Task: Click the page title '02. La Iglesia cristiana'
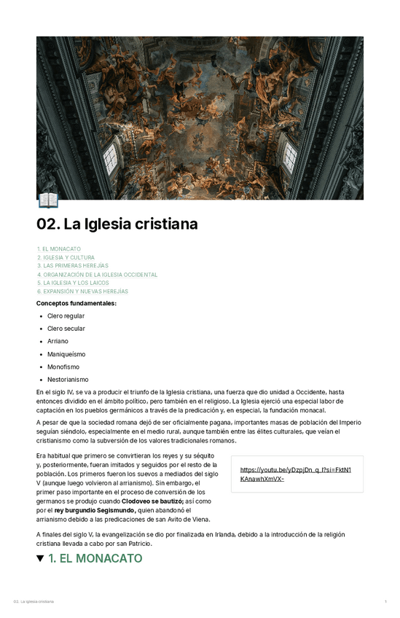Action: pos(117,224)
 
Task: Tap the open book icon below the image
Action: pos(47,200)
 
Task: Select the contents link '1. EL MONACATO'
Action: pos(59,249)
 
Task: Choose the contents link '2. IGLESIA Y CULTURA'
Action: pos(66,257)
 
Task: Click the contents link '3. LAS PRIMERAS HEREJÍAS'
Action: pos(73,266)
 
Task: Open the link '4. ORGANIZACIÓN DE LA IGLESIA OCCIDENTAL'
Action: pos(97,275)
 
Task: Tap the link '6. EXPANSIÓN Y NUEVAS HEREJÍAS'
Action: pos(82,292)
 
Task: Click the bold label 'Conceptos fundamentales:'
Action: pos(77,302)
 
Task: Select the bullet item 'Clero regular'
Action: pos(66,316)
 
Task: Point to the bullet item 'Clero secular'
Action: pos(66,329)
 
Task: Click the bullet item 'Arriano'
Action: pos(58,341)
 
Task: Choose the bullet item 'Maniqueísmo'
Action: pos(66,354)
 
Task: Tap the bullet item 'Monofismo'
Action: pos(63,367)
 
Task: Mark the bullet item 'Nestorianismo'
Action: pos(68,380)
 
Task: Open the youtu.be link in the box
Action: pos(296,474)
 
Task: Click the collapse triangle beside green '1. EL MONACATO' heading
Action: pos(40,559)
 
